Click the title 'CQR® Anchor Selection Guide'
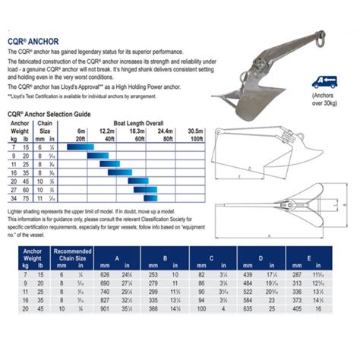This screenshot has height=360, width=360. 49,112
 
